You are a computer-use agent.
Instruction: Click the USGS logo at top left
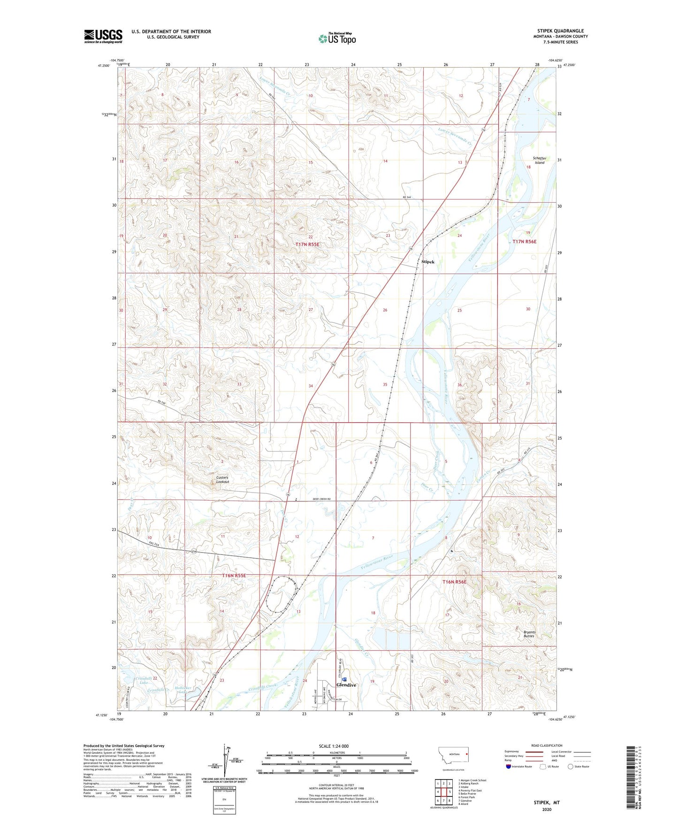pos(103,36)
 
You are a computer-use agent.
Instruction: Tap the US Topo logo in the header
pos(337,38)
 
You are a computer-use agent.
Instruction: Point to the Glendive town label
pos(346,685)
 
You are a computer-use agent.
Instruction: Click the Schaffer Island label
pos(539,160)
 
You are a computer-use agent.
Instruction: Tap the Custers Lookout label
pos(222,479)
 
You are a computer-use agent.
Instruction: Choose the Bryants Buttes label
pos(529,634)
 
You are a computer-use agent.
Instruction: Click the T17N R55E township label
pos(307,245)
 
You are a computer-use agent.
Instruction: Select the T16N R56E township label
pos(455,582)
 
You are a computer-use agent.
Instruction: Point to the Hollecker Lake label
pos(180,690)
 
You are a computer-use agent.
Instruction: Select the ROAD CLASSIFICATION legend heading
pos(547,745)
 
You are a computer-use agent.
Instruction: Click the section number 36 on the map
pos(459,385)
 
